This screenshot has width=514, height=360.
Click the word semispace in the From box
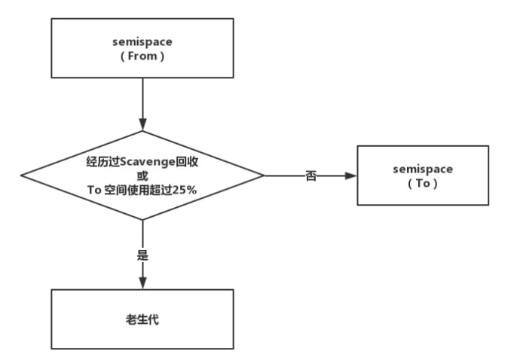142,41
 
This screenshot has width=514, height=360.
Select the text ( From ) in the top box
142,55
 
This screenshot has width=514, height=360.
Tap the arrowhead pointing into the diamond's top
142,125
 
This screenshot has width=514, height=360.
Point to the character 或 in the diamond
142,175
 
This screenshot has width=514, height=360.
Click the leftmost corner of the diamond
22,175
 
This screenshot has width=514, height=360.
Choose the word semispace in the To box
423,169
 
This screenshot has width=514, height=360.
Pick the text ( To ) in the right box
423,182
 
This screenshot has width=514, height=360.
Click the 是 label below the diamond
142,255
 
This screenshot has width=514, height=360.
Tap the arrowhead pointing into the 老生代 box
142,284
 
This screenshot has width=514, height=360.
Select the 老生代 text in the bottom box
142,320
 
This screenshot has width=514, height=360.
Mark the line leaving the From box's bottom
142,98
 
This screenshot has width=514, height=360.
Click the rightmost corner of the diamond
264,175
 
